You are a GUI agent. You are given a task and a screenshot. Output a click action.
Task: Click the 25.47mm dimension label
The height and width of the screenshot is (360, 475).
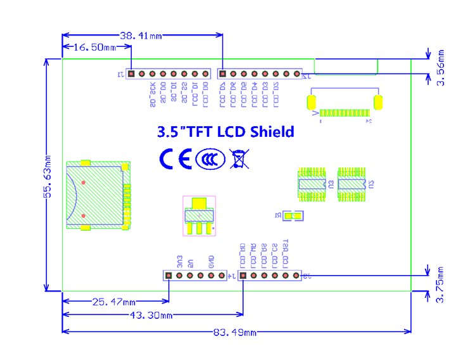tap(115, 302)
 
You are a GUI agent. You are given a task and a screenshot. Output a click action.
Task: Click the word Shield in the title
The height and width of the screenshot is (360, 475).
tap(271, 132)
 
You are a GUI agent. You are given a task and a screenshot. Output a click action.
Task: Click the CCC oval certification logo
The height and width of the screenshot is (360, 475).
tap(210, 159)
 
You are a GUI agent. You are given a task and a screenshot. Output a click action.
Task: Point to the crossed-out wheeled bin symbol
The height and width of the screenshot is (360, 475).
tap(239, 158)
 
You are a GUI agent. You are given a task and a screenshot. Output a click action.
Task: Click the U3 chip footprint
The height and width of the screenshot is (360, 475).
tap(311, 184)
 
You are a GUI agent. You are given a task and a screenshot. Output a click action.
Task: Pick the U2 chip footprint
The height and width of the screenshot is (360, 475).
tap(351, 184)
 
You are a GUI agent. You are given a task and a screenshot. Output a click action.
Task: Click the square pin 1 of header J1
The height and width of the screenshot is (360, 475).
tap(131, 74)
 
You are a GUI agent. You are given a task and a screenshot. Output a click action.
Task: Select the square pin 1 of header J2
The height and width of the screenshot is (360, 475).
tap(222, 74)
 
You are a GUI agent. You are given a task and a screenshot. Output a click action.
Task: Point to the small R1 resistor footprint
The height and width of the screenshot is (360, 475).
tap(293, 216)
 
